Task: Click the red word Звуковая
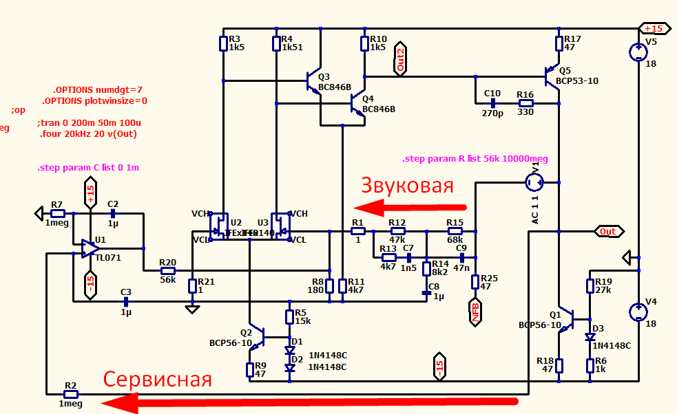(x=408, y=186)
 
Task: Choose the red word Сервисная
(x=158, y=379)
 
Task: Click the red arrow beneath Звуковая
(x=409, y=206)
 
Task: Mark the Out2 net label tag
(x=401, y=58)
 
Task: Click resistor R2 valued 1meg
(x=70, y=394)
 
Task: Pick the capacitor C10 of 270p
(x=492, y=103)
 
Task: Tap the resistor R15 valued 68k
(x=455, y=231)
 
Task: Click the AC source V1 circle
(x=534, y=182)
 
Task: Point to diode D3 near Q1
(x=590, y=337)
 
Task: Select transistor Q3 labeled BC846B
(x=314, y=82)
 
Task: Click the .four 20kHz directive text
(x=89, y=133)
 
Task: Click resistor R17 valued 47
(x=560, y=44)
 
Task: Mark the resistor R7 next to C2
(x=57, y=213)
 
